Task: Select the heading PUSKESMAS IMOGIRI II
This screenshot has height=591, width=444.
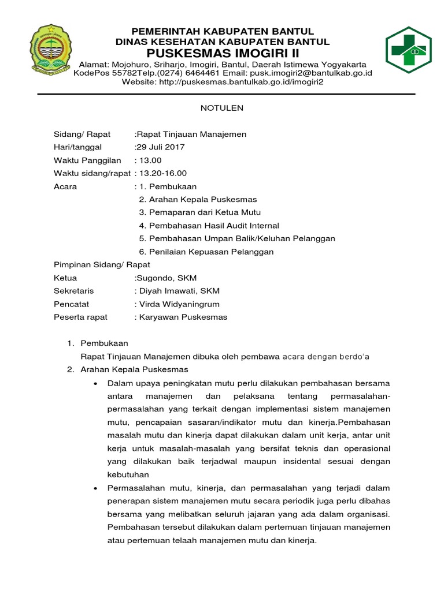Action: pyautogui.click(x=223, y=53)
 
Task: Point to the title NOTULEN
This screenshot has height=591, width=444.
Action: pyautogui.click(x=222, y=108)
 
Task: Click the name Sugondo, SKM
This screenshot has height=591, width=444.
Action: pyautogui.click(x=166, y=278)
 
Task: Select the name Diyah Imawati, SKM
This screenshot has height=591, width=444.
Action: pyautogui.click(x=177, y=291)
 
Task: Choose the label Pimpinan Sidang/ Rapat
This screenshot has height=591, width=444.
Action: pyautogui.click(x=102, y=265)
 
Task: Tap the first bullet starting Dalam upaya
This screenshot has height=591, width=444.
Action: pyautogui.click(x=249, y=383)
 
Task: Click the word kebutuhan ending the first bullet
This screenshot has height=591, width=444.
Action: pyautogui.click(x=128, y=474)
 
